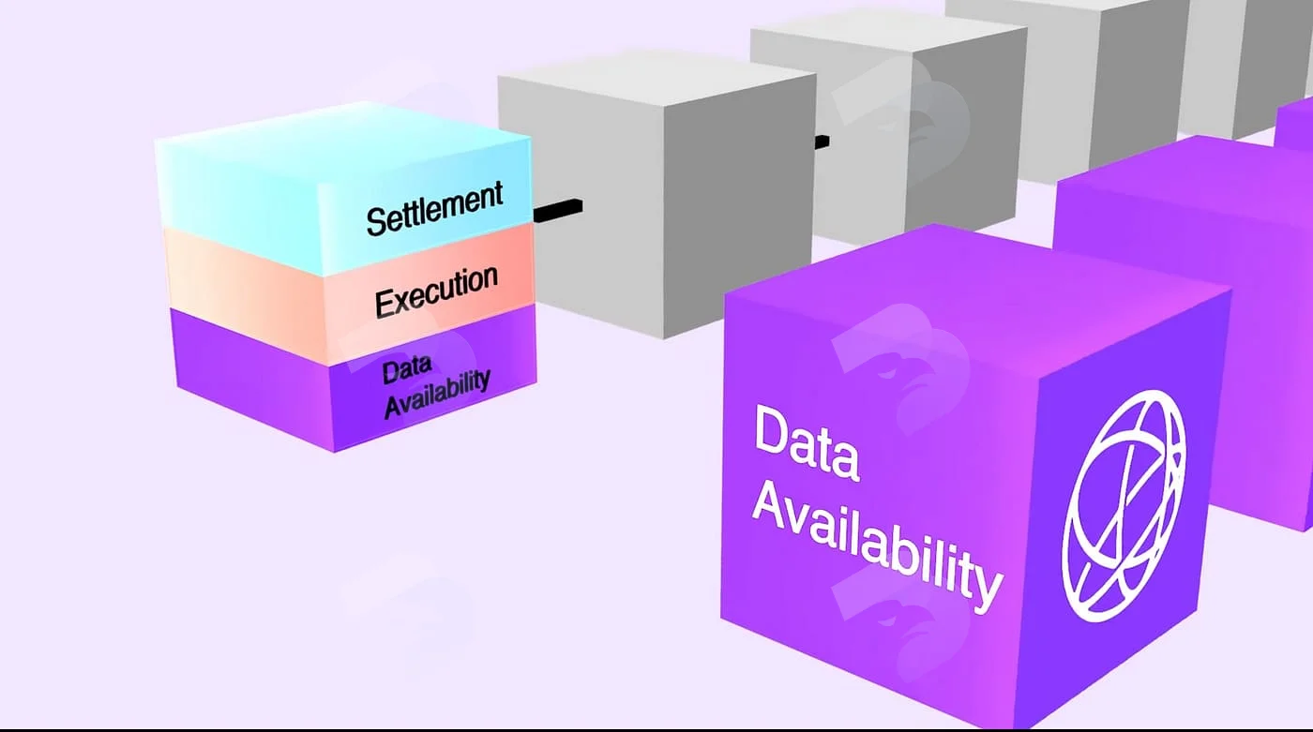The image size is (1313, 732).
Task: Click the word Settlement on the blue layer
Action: coord(434,207)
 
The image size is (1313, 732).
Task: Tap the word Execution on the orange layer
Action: coord(437,291)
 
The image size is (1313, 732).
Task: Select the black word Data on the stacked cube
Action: coord(407,369)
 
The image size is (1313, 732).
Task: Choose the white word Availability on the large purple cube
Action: coord(877,547)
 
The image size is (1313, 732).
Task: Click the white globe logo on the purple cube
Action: coord(1124,506)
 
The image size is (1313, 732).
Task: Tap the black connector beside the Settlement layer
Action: coord(557,210)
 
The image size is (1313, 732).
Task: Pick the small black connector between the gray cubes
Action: coord(822,142)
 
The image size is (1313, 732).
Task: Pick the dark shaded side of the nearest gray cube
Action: coord(740,205)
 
